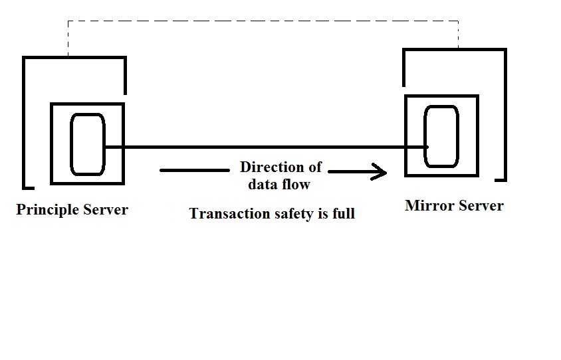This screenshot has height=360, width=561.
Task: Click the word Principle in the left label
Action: point(47,210)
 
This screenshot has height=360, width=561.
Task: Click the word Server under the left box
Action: point(105,210)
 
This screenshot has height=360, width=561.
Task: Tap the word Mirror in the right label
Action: point(428,206)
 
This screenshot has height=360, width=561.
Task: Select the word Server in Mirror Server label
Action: point(479,206)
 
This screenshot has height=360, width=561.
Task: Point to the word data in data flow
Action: point(262,184)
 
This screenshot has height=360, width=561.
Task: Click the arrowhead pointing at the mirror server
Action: point(381,173)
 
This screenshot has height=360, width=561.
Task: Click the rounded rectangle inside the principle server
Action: point(88,145)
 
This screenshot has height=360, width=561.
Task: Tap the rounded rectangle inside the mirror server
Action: point(441,137)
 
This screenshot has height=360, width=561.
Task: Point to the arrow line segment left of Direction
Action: point(193,171)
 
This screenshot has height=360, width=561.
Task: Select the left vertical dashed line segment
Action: point(67,39)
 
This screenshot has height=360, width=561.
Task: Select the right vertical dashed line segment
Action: point(459,35)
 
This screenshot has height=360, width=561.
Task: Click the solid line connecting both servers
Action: point(266,147)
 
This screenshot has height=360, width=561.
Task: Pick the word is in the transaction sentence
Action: point(323,214)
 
